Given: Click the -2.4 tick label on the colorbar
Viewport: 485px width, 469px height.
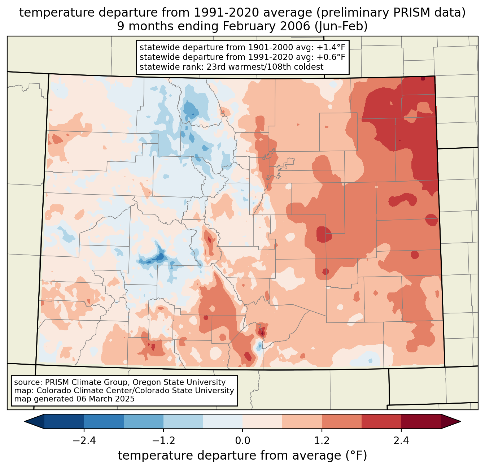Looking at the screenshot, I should click(84, 441).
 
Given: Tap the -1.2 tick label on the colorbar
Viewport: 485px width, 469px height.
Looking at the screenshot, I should click(163, 441).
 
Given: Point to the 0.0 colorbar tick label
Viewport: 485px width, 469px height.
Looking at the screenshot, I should click(242, 441).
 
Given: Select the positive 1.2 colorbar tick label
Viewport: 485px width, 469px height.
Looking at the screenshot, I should click(322, 441).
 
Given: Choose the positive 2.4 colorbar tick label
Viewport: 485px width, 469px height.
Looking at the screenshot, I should click(401, 441).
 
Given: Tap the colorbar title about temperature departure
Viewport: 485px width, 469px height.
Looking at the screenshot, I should click(242, 456).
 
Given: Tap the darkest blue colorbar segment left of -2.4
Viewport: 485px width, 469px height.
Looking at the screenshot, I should click(64, 421).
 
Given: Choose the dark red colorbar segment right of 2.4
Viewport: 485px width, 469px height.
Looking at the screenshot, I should click(421, 421).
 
